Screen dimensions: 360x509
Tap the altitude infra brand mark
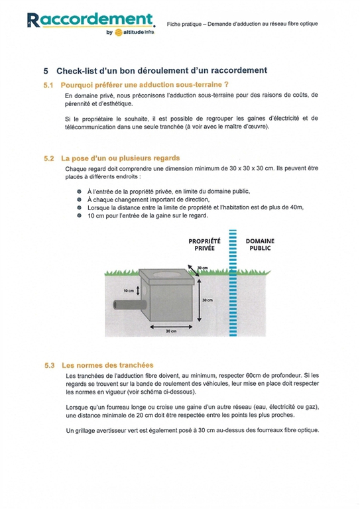(x=135, y=32)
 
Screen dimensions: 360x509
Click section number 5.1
(x=48, y=85)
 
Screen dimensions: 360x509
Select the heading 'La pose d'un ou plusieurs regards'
(x=121, y=158)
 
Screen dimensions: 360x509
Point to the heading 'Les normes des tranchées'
(x=107, y=365)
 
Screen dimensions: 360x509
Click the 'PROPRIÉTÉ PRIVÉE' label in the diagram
(x=204, y=245)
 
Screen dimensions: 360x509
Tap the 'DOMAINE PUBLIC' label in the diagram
(x=260, y=245)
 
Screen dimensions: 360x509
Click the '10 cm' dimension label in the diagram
(x=129, y=290)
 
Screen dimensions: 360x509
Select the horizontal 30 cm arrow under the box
(x=171, y=327)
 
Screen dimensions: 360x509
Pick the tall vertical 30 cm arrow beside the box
(x=200, y=300)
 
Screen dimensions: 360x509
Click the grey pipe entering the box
(x=130, y=305)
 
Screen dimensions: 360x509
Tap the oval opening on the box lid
(x=167, y=274)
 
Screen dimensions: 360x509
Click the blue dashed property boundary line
(x=233, y=283)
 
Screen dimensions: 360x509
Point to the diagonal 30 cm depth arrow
(x=194, y=270)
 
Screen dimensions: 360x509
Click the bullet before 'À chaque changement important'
(x=79, y=199)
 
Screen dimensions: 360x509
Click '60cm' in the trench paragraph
(x=253, y=376)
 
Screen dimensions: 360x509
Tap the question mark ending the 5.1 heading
(x=226, y=85)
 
